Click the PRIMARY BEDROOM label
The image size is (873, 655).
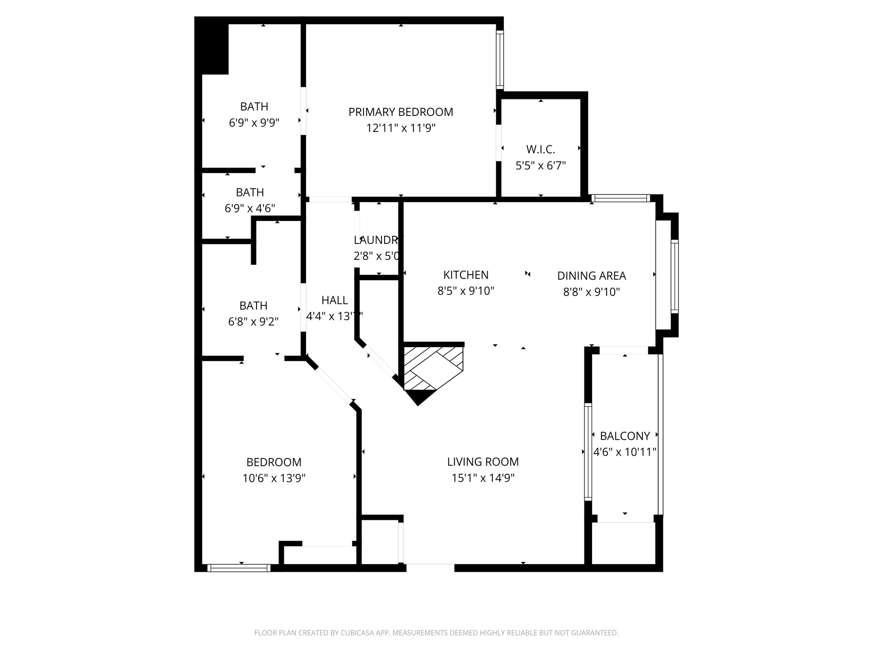point(401,112)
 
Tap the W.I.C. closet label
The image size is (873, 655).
point(541,150)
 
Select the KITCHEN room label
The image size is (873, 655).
point(465,275)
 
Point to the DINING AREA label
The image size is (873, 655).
point(591,276)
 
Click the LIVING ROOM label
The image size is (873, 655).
point(483,462)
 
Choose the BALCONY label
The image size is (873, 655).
point(624,436)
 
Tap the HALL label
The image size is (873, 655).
point(335,301)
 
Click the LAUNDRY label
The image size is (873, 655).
point(378,240)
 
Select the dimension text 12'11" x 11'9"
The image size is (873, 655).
point(401,128)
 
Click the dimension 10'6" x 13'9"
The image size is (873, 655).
point(274,478)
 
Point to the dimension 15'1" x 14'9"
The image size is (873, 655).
point(483,478)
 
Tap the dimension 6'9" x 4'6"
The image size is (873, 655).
point(250,209)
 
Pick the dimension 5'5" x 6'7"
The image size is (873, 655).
point(541,166)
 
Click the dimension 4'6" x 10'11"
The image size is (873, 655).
point(624,452)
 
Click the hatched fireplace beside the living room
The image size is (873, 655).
point(433,368)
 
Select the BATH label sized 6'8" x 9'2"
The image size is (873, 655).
point(253,306)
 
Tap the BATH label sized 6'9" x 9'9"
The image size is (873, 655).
point(254,107)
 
